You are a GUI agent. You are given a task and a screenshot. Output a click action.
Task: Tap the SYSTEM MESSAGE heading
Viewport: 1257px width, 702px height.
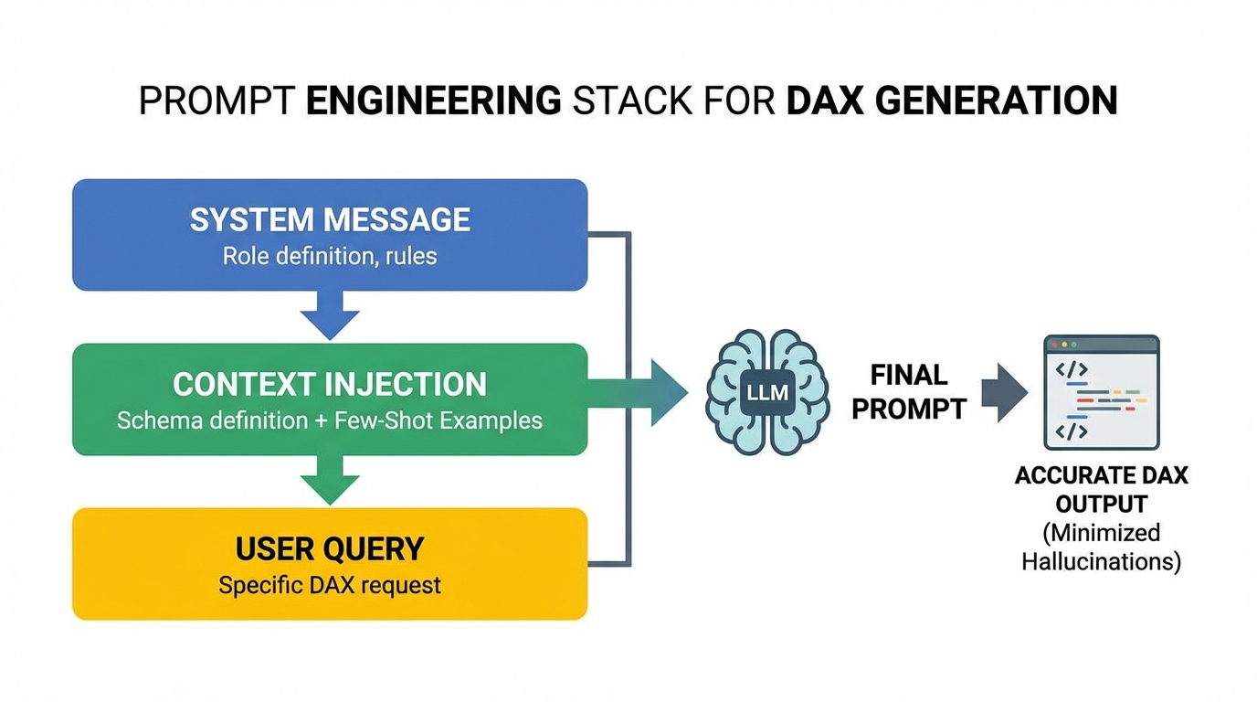[330, 220]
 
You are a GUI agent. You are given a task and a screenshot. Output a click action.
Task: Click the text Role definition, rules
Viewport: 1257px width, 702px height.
[330, 256]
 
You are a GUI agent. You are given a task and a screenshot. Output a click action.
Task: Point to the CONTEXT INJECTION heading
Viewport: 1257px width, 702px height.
[330, 385]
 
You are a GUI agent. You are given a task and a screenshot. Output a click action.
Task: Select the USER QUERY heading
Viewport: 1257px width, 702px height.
[330, 548]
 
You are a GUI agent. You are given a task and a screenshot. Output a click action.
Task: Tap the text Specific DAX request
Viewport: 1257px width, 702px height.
[330, 585]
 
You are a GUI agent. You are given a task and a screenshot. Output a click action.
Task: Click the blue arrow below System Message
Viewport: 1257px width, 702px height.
[330, 316]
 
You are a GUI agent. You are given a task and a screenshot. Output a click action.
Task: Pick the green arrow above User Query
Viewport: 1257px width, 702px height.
[330, 481]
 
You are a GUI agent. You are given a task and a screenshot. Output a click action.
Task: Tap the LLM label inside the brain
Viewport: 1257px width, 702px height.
[767, 395]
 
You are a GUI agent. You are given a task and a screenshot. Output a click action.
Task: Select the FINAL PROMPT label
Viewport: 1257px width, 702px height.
[909, 392]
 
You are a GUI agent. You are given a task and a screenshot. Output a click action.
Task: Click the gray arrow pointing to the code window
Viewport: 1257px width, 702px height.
[1004, 393]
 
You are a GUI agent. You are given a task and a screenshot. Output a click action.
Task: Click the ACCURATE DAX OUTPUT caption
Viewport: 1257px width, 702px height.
[1101, 490]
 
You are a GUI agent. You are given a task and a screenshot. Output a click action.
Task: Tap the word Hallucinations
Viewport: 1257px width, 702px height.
[1098, 561]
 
